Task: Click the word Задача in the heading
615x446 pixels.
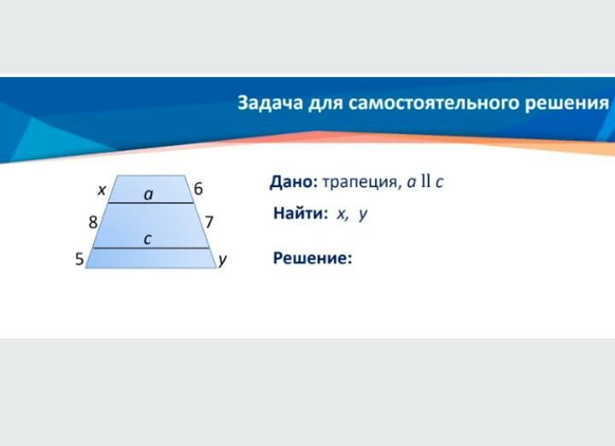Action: pyautogui.click(x=270, y=103)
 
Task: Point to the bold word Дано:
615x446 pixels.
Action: pyautogui.click(x=293, y=182)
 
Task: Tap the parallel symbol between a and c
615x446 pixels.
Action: pyautogui.click(x=426, y=181)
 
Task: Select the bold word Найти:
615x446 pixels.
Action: pyautogui.click(x=301, y=213)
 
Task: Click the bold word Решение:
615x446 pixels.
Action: pyautogui.click(x=313, y=258)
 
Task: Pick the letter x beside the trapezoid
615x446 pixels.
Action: pyautogui.click(x=102, y=191)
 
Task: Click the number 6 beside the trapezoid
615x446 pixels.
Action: pyautogui.click(x=198, y=189)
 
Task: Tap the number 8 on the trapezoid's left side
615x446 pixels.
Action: pyautogui.click(x=93, y=222)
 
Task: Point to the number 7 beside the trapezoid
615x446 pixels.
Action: pyautogui.click(x=209, y=222)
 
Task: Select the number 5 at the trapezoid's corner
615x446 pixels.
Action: pyautogui.click(x=79, y=259)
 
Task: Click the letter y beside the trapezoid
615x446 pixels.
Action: pyautogui.click(x=222, y=260)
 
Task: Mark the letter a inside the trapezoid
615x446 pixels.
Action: pyautogui.click(x=149, y=194)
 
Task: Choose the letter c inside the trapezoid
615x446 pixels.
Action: pyautogui.click(x=148, y=239)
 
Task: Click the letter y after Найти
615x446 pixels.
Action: pyautogui.click(x=363, y=214)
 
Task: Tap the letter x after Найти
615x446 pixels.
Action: pyautogui.click(x=342, y=214)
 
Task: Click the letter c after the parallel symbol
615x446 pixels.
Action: pyautogui.click(x=439, y=182)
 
